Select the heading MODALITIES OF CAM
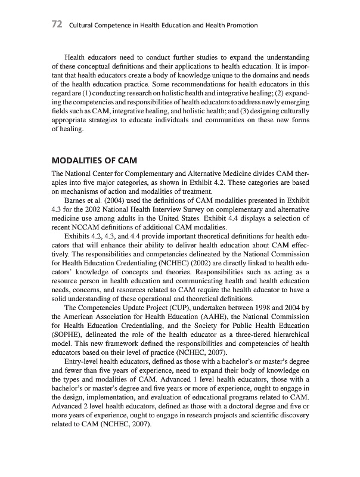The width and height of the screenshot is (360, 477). click(95, 161)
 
